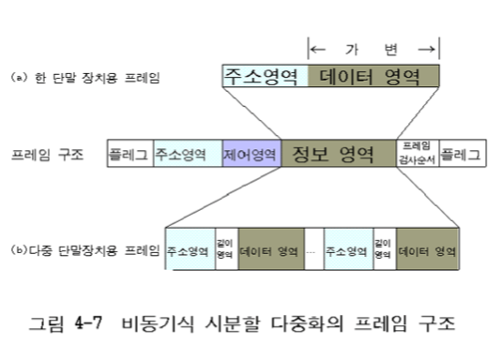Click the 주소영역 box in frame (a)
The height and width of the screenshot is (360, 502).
click(x=264, y=76)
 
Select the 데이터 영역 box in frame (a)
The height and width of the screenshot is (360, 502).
click(x=373, y=76)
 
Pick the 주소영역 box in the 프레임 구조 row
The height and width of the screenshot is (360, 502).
click(x=187, y=154)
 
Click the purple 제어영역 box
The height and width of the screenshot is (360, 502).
click(x=251, y=154)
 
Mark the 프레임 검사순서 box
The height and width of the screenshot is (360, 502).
click(x=417, y=153)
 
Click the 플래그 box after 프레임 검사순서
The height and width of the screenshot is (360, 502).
click(x=462, y=154)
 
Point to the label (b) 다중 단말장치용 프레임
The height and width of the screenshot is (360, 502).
click(x=84, y=250)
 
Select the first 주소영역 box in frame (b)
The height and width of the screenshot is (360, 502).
click(x=190, y=251)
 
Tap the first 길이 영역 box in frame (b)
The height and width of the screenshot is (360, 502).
click(x=226, y=251)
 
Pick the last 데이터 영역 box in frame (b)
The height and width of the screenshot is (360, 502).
click(x=428, y=251)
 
